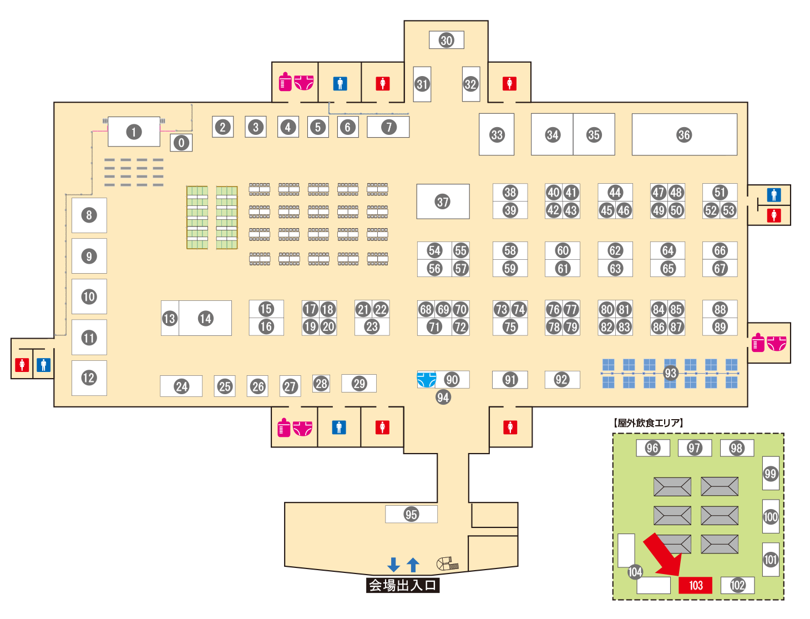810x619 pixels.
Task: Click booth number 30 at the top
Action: [x=447, y=40]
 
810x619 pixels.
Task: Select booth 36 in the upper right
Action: [x=684, y=134]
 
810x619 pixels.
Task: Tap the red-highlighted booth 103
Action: [x=696, y=585]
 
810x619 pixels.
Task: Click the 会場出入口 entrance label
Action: [x=403, y=585]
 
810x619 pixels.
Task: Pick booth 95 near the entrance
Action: [x=411, y=514]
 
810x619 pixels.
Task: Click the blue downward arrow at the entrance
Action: [x=394, y=565]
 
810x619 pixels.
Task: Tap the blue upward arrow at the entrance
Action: [x=413, y=565]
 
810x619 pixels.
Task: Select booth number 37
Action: [x=443, y=202]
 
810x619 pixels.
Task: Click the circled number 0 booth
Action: [x=181, y=143]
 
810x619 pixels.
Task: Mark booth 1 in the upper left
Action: [x=134, y=132]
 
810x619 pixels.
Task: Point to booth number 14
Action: [x=205, y=318]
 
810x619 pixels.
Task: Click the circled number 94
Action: [x=443, y=397]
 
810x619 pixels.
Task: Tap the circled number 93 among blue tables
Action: [x=671, y=373]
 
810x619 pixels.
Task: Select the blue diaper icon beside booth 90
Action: [x=426, y=379]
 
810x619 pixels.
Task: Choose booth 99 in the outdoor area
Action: [x=771, y=474]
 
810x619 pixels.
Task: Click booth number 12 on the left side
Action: [x=89, y=378]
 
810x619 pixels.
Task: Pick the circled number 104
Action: [x=635, y=572]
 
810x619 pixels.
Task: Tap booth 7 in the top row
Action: [x=389, y=127]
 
